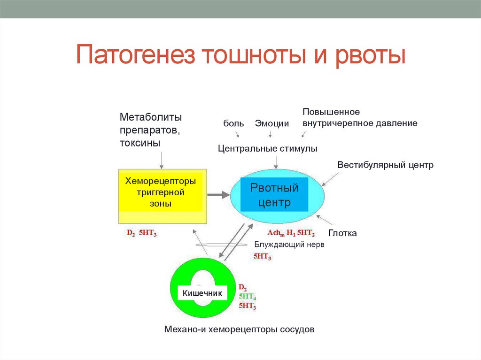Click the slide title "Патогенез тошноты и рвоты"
point(240,55)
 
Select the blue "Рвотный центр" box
point(274,195)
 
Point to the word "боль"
point(233,123)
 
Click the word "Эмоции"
point(272,123)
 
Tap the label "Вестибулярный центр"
point(385,165)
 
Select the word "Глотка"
point(342,233)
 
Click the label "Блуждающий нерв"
point(289,245)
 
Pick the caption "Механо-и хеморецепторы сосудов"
point(239,329)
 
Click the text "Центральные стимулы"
point(268,148)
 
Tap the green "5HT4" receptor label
point(247,297)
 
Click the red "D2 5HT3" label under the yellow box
point(142,233)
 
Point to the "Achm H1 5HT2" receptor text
point(291,233)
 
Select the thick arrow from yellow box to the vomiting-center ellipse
point(217,194)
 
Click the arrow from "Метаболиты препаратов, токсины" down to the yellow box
point(162,160)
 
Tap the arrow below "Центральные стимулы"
point(276,162)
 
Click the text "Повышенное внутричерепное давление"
point(360,118)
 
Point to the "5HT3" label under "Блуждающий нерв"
point(262,256)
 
